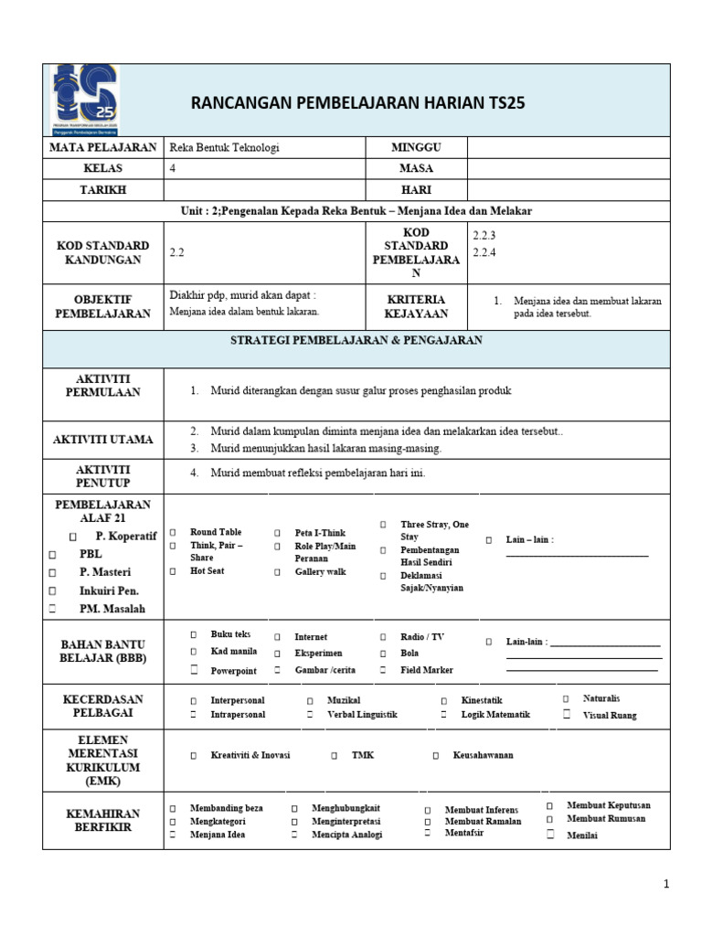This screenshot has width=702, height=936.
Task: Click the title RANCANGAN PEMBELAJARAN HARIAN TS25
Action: click(358, 102)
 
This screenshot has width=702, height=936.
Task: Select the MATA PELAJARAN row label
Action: click(102, 147)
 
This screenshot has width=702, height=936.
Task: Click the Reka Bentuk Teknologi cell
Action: click(225, 147)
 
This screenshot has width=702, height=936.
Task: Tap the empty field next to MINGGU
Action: click(569, 147)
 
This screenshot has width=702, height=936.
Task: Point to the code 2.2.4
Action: click(484, 253)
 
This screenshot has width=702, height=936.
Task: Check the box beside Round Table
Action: click(173, 532)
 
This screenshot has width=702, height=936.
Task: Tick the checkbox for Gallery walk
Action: click(276, 571)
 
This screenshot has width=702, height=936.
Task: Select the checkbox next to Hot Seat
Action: click(173, 571)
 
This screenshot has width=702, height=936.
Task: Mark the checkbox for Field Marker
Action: click(382, 670)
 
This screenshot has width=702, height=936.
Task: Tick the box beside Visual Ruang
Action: click(567, 715)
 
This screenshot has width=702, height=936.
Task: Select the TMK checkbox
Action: click(335, 756)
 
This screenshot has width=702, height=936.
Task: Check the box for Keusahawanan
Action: click(436, 756)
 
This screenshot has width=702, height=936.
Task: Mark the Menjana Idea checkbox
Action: click(172, 835)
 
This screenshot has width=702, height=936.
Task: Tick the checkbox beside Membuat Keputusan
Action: click(549, 805)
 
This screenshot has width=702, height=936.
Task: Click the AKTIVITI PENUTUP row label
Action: click(102, 475)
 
